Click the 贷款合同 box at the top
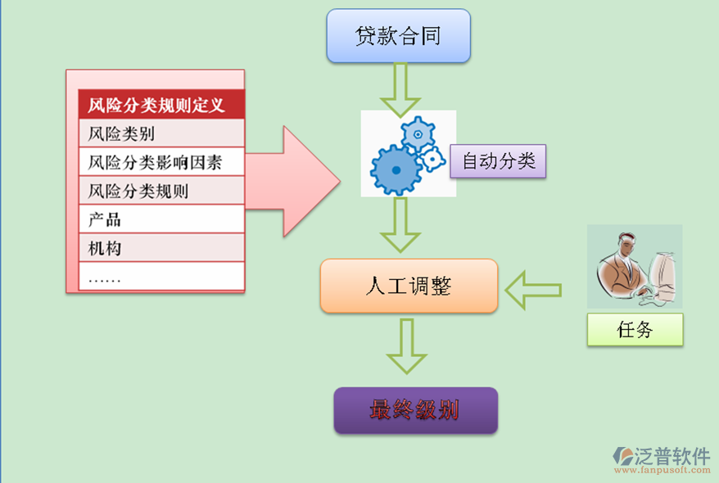pos(398,36)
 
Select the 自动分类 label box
pos(498,161)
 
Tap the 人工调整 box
pos(409,286)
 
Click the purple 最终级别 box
pos(415,410)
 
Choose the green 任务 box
pos(635,330)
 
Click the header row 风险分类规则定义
pos(161,105)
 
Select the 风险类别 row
pos(161,133)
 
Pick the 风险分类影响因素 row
pos(161,161)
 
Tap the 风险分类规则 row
pos(161,191)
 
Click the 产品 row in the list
pos(161,219)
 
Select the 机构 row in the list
pos(161,247)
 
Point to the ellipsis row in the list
pos(161,277)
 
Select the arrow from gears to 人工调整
pos(400,224)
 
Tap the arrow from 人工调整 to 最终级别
pos(407,345)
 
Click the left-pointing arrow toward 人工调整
pos(532,288)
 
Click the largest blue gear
pos(396,169)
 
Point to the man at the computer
pos(634,267)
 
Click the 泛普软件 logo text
pos(671,456)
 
